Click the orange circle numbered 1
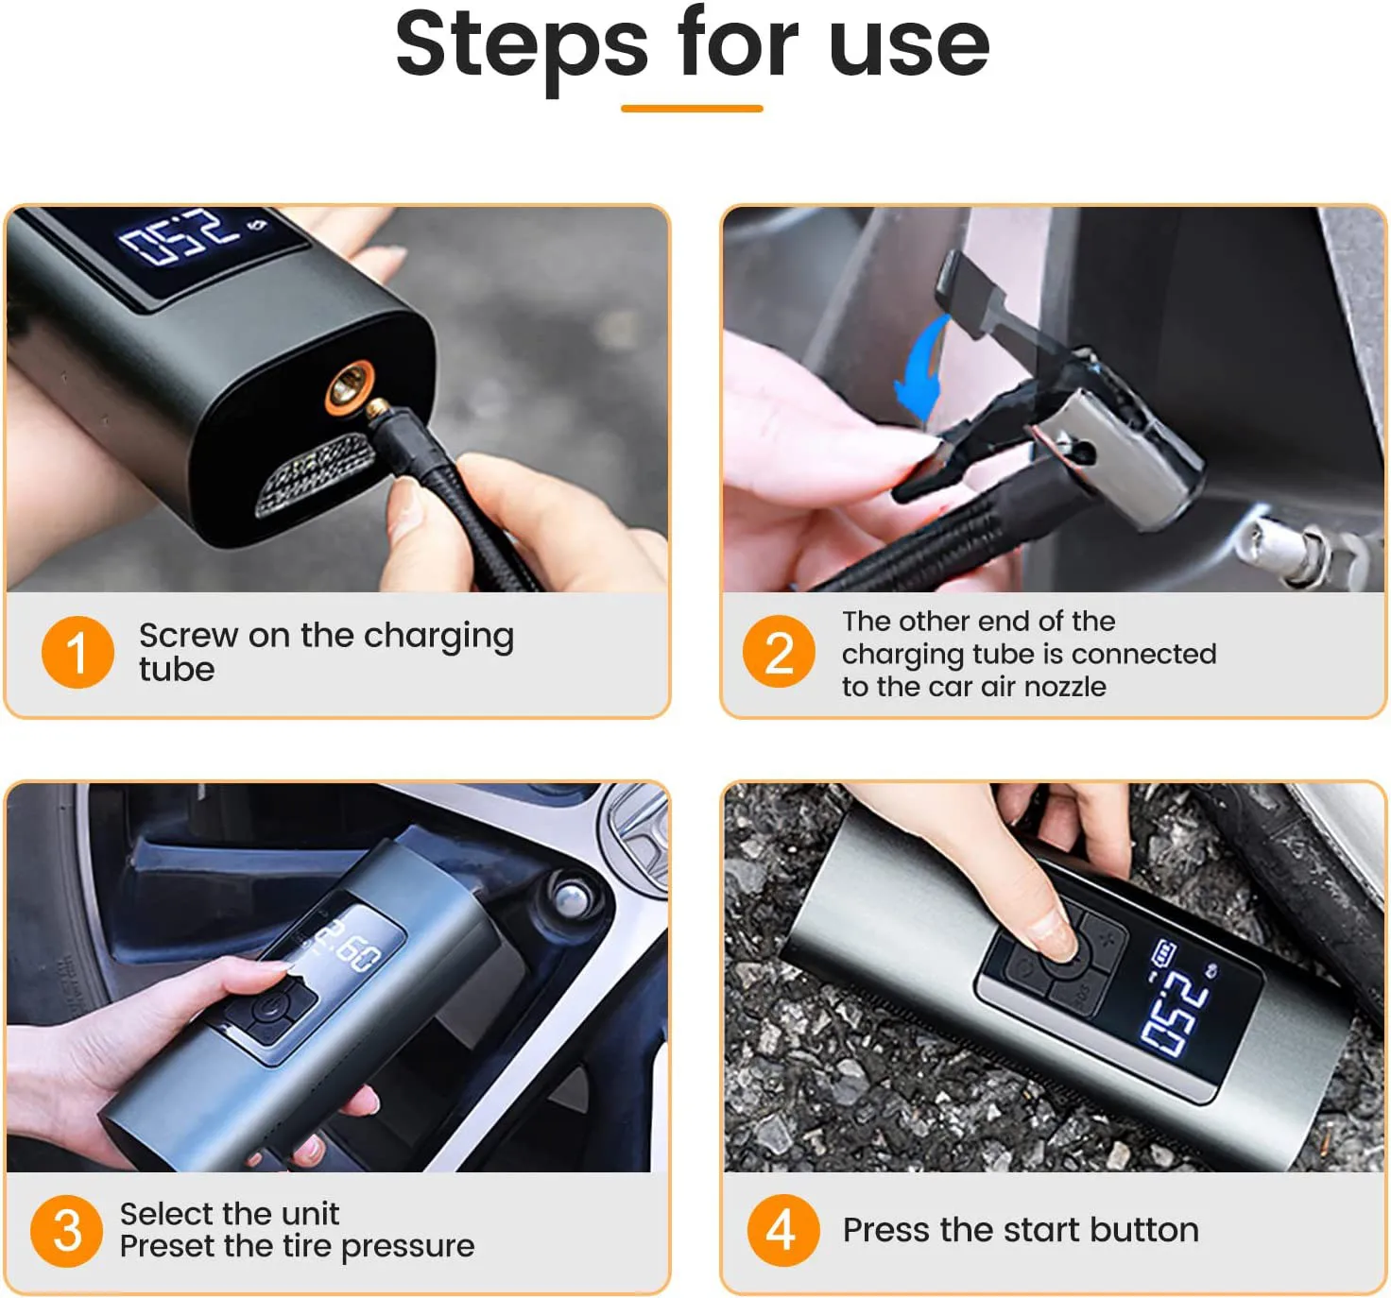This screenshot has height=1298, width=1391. [x=77, y=652]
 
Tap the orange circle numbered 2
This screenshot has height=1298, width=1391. [x=779, y=652]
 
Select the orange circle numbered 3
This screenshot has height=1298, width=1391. [x=66, y=1231]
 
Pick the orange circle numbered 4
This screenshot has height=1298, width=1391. [x=782, y=1230]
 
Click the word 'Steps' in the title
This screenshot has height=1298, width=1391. [x=521, y=44]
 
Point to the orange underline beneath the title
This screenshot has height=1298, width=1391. [x=692, y=109]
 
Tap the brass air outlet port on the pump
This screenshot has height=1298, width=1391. [x=347, y=388]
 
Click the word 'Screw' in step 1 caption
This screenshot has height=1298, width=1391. [x=188, y=636]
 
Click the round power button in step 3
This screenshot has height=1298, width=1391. [x=269, y=1007]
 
